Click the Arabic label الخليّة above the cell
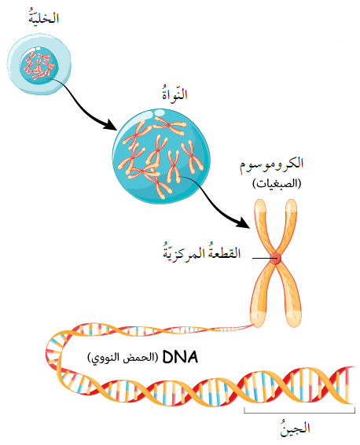(44, 17)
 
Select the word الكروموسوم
(271, 164)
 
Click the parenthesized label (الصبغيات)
(277, 183)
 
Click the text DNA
(180, 358)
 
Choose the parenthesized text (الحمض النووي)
(123, 358)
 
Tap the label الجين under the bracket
(295, 428)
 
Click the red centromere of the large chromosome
(274, 258)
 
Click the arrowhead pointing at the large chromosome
(243, 222)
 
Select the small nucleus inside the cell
(39, 65)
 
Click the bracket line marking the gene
(299, 413)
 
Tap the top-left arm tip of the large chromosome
(259, 202)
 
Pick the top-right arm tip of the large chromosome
(291, 202)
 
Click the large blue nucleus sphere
(161, 156)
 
